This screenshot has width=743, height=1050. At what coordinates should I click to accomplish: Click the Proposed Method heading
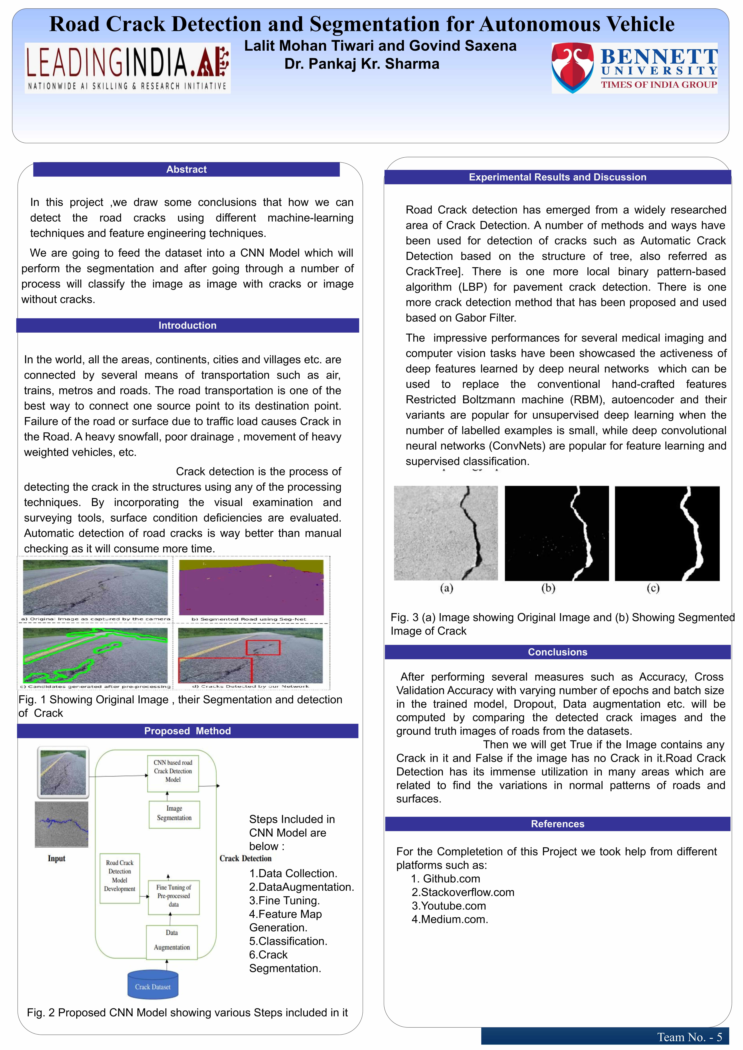(x=188, y=731)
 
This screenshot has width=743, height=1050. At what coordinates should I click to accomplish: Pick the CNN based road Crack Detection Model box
(x=173, y=771)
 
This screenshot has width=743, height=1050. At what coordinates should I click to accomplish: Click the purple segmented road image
(x=251, y=588)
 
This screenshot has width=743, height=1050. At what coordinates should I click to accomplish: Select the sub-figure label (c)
(x=653, y=588)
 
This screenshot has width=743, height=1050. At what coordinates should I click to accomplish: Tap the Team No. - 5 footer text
(x=689, y=1037)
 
